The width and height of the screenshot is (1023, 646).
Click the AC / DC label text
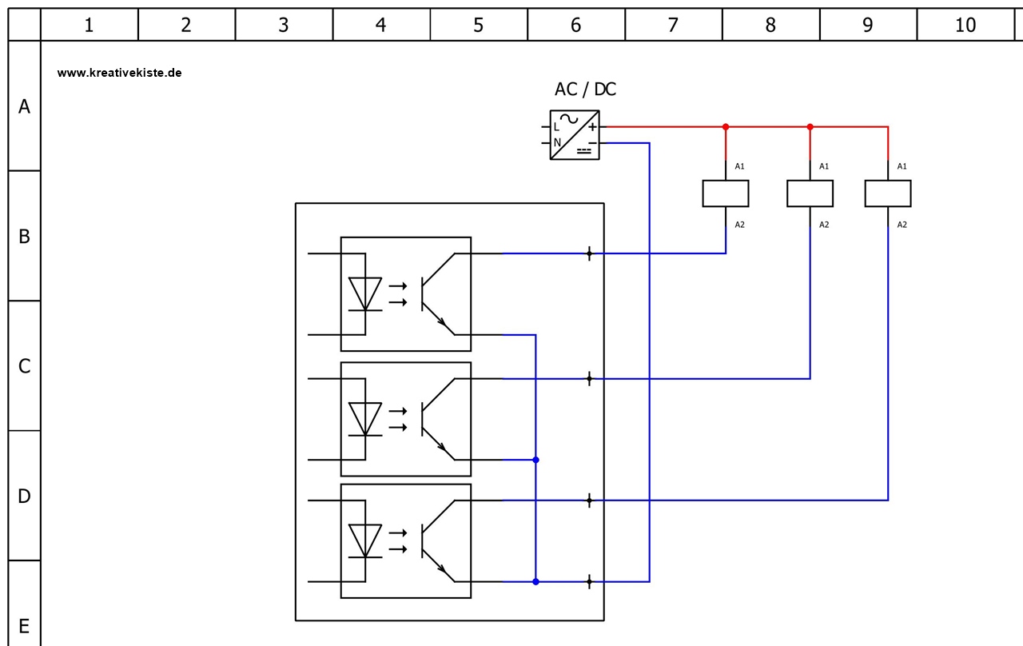[x=585, y=90]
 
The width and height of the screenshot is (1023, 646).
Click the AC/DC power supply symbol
[x=575, y=135]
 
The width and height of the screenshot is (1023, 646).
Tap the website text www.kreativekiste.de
[x=120, y=72]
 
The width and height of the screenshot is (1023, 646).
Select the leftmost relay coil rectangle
[x=726, y=193]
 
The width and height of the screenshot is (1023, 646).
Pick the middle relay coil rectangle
[x=810, y=193]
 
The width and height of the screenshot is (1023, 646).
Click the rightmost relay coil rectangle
[x=888, y=193]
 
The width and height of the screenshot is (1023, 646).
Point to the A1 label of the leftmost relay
[x=739, y=166]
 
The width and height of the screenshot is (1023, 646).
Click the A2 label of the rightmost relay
[x=902, y=225]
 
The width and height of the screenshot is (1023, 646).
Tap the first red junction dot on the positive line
[x=726, y=126]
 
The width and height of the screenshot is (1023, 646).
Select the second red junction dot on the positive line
[x=810, y=126]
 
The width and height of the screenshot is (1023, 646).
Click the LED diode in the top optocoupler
[x=366, y=293]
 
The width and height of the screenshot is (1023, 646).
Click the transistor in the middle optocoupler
[x=436, y=418]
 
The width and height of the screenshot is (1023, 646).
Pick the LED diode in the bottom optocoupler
[x=366, y=540]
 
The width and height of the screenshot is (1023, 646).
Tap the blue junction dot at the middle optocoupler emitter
[x=535, y=460]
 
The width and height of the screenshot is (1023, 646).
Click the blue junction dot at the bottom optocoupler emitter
[x=535, y=581]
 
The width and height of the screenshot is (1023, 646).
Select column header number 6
[x=576, y=25]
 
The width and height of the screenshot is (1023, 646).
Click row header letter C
[x=24, y=366]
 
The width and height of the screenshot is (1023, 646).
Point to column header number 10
[x=965, y=25]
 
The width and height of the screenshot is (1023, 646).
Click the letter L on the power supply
[x=557, y=126]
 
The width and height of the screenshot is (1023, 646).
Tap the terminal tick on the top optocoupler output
[x=590, y=253]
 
